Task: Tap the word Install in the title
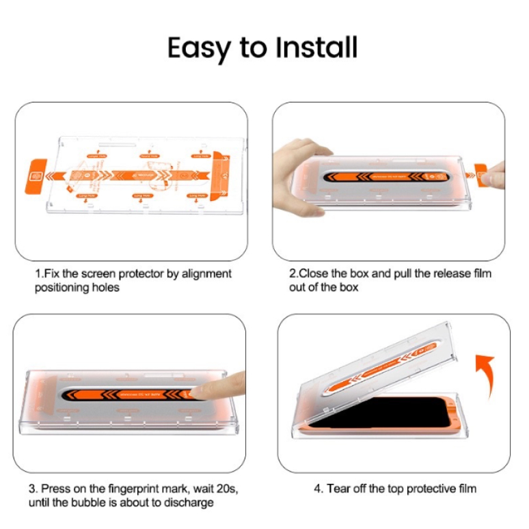(x=316, y=48)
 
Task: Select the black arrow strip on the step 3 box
(x=123, y=395)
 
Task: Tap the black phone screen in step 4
(x=372, y=419)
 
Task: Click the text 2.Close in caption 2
(x=308, y=273)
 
